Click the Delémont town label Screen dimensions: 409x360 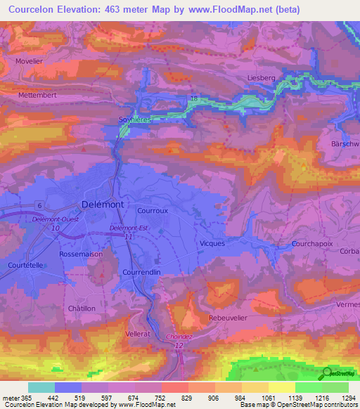coord(103,204)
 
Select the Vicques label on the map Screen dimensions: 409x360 coord(212,243)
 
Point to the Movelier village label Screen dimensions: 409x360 coord(30,60)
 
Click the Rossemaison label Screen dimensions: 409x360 coord(81,254)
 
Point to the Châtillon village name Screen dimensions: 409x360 coord(82,309)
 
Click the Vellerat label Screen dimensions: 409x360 coord(139,333)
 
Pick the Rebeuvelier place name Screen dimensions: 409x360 coord(230,318)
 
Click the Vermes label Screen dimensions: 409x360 coord(349,303)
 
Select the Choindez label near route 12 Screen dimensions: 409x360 coord(179,337)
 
